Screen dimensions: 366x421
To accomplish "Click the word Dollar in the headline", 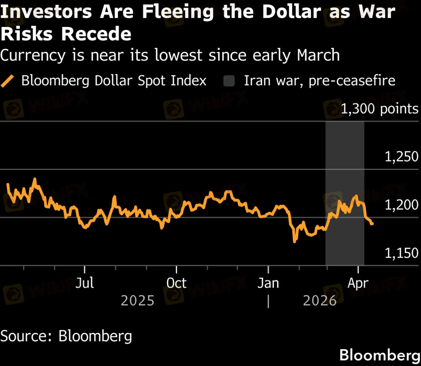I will [x=292, y=12].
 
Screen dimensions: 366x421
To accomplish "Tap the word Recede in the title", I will [x=96, y=34].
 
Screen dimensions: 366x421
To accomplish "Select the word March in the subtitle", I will [x=318, y=55].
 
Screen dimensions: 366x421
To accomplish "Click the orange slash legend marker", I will [x=7, y=81].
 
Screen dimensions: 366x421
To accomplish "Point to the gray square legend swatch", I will [x=229, y=81].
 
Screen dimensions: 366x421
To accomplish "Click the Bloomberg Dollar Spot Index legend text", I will [x=114, y=80].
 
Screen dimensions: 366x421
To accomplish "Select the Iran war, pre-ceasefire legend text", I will [x=319, y=80].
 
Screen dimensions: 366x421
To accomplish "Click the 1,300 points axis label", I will [x=379, y=109].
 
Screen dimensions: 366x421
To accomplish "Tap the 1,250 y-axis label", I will [x=401, y=156].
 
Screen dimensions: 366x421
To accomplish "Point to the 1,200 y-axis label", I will [x=401, y=205].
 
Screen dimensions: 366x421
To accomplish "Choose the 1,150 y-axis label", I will [x=401, y=253].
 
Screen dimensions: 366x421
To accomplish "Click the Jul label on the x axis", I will [x=84, y=283].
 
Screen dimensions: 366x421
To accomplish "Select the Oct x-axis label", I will [x=176, y=283].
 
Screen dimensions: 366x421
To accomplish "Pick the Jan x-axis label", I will [x=268, y=283].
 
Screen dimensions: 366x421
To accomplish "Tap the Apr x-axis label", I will [x=358, y=283].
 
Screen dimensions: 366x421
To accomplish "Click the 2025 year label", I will [x=137, y=301].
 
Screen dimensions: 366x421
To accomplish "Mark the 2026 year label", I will [x=319, y=301].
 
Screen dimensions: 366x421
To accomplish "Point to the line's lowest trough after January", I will [x=295, y=241].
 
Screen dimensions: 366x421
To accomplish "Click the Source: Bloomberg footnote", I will [x=66, y=336].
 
